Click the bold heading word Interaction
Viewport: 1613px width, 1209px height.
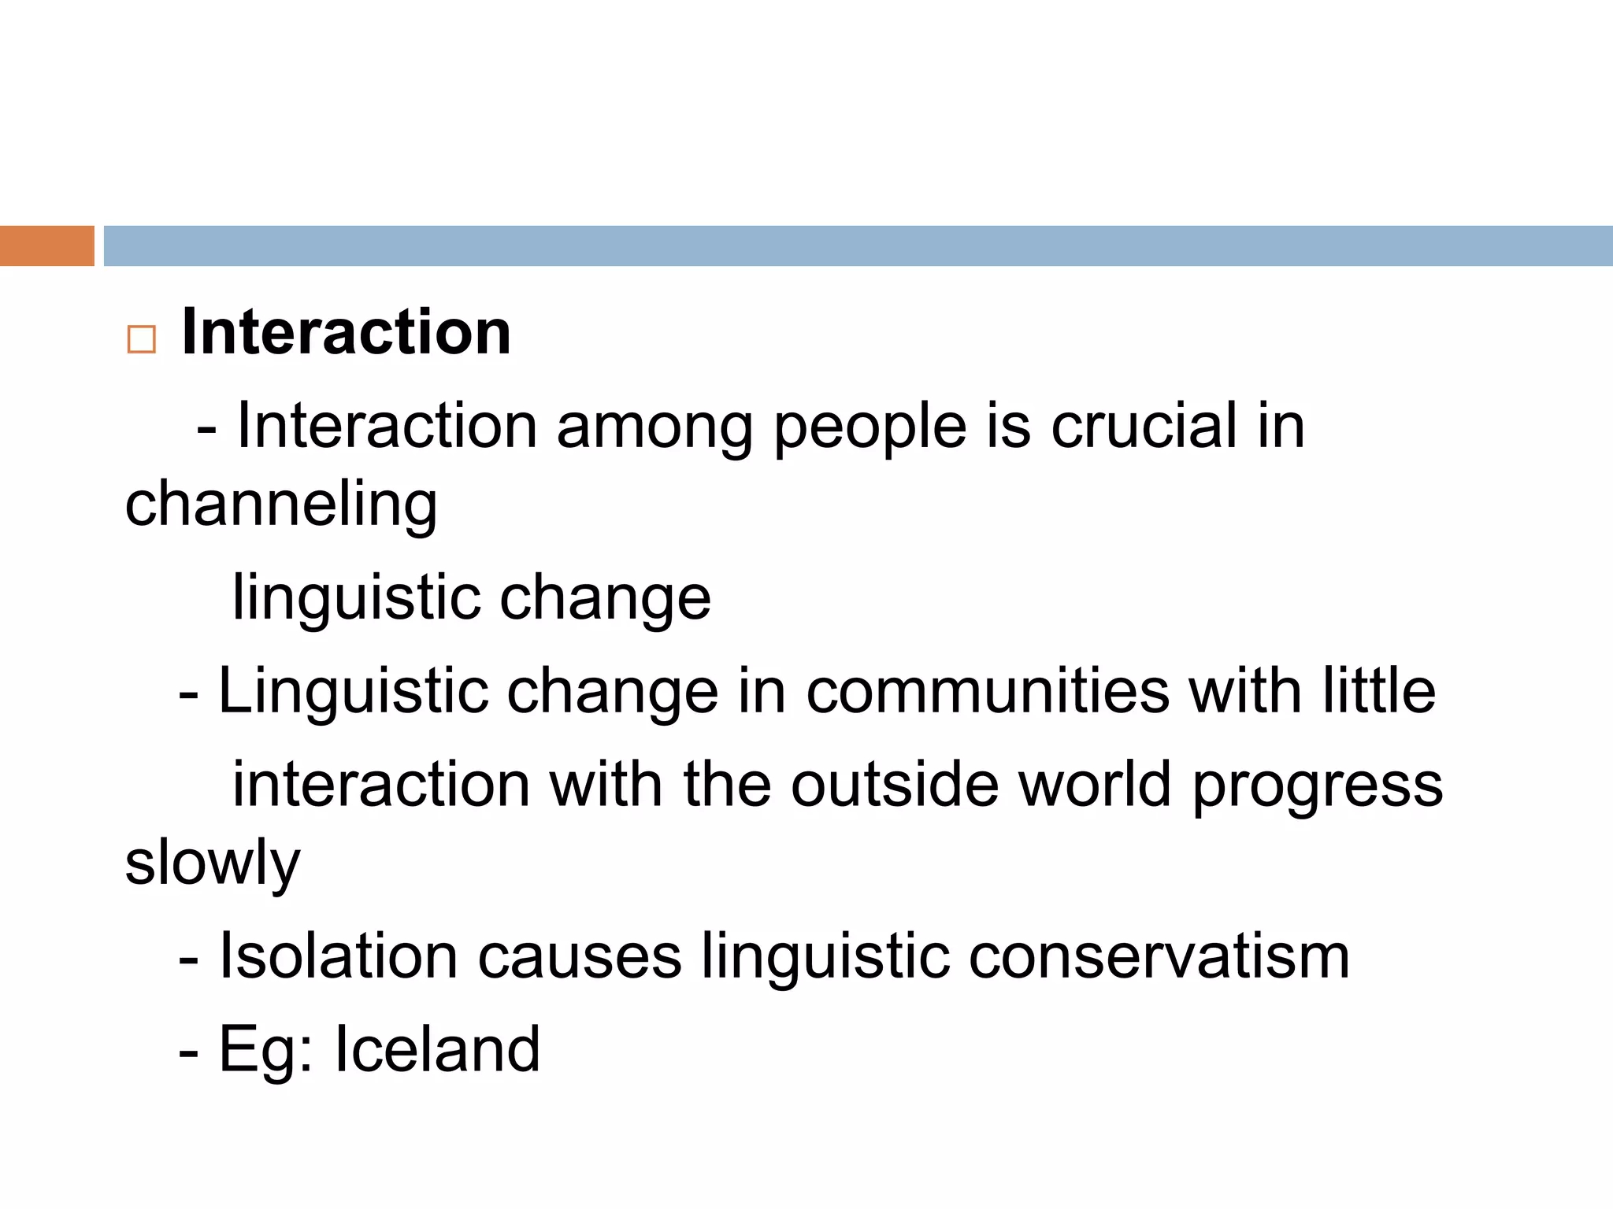click(346, 332)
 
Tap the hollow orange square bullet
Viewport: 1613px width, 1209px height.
click(141, 340)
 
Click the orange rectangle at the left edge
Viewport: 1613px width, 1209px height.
click(46, 246)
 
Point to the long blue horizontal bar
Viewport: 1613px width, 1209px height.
click(858, 246)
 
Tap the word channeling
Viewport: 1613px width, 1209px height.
click(281, 505)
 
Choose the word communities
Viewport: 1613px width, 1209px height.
click(988, 692)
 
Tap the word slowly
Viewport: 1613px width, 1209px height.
click(213, 864)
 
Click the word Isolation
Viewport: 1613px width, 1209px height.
click(338, 956)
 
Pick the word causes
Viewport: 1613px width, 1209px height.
click(580, 958)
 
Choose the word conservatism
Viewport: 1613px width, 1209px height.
click(1159, 956)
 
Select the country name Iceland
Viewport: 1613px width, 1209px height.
click(437, 1049)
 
